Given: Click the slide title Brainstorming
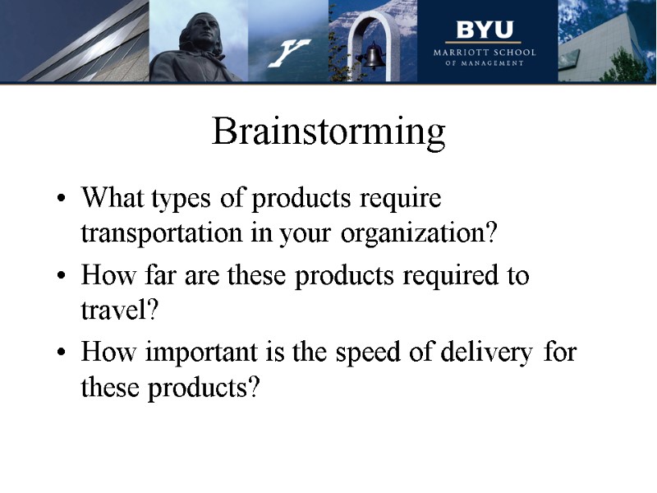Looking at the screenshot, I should (328, 132).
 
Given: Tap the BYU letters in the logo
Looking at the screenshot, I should (485, 30).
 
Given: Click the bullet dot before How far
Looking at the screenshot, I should (62, 277).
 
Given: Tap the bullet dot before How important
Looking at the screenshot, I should (62, 354).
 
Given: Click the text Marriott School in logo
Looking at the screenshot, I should (485, 53).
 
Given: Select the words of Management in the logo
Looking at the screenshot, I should (485, 63).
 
